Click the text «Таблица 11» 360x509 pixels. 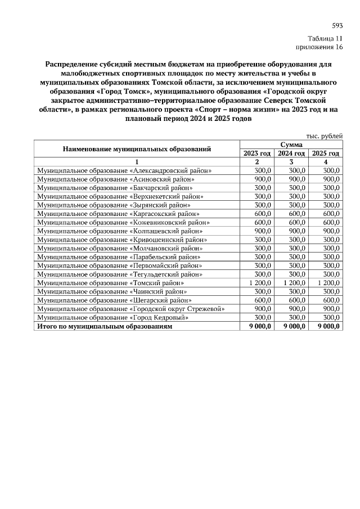click(325, 39)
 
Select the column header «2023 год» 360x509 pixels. click(257, 153)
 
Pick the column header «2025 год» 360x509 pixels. click(326, 153)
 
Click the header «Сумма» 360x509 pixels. click(291, 145)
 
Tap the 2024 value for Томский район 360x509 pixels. click(294, 282)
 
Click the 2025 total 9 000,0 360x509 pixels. click(329, 326)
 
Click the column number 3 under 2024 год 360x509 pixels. click(291, 161)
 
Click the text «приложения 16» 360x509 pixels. click(319, 48)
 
